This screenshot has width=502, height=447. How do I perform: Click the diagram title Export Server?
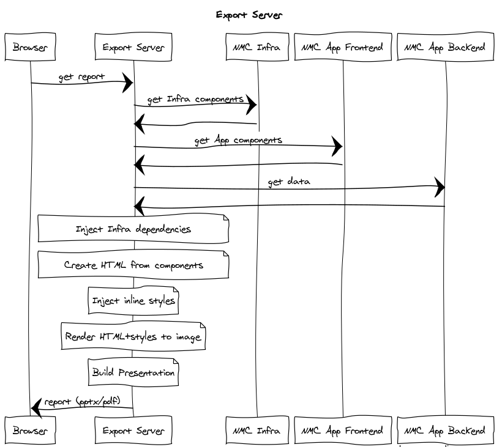point(249,15)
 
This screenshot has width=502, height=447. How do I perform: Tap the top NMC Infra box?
point(257,47)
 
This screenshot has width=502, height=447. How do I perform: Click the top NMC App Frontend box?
point(342,47)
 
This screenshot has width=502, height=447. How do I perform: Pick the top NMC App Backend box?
point(445,47)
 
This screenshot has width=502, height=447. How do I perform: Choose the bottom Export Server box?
point(133,430)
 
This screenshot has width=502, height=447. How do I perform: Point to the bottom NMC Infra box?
point(257,430)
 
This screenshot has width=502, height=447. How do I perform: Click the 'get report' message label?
point(81,78)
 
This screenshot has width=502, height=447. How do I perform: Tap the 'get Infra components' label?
point(195,99)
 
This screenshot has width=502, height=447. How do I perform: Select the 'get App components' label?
point(238,140)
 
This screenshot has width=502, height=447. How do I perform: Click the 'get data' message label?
point(288,182)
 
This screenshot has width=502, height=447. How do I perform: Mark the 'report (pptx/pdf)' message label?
point(86,402)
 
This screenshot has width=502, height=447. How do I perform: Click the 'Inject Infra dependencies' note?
point(133,229)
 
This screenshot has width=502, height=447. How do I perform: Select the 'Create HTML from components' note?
point(133,265)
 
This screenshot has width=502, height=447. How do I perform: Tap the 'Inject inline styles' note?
point(133,301)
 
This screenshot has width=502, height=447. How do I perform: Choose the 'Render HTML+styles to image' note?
point(133,337)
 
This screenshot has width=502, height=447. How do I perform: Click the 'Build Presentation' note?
point(133,372)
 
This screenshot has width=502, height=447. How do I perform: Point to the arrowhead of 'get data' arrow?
point(440,188)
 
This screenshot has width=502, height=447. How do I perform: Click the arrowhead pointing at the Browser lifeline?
point(36,405)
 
